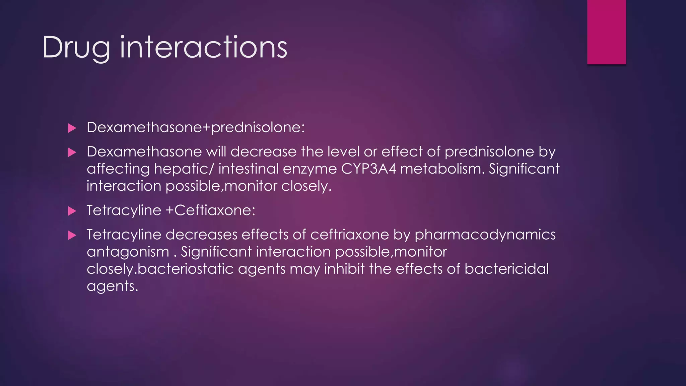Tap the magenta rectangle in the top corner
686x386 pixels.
point(606,32)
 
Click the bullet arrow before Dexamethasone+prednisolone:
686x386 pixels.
point(72,128)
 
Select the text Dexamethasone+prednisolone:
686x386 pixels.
point(196,127)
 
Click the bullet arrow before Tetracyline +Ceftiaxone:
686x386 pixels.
point(72,211)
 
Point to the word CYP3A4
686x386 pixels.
point(368,169)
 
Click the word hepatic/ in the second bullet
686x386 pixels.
point(184,169)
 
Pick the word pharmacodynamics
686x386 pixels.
point(485,235)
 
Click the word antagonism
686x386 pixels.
point(128,252)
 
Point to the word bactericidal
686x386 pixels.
point(506,269)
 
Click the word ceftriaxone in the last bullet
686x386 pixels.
point(349,235)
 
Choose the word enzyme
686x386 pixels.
point(310,169)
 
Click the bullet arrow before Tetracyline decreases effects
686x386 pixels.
point(72,235)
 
